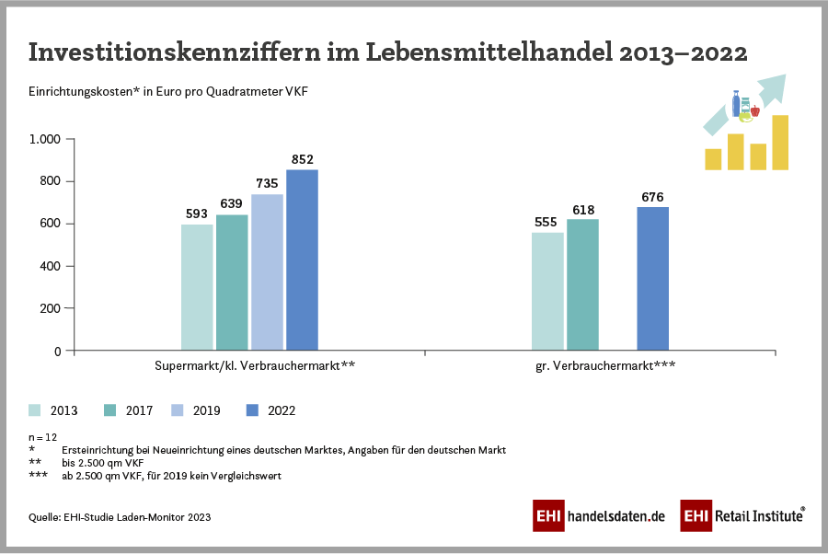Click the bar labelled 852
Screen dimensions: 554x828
pyautogui.click(x=302, y=260)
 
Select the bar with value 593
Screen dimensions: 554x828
pyautogui.click(x=197, y=287)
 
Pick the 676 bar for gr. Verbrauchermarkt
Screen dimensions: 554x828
pyautogui.click(x=652, y=278)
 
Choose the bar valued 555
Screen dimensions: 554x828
pyautogui.click(x=548, y=291)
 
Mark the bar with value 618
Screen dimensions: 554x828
pyautogui.click(x=582, y=284)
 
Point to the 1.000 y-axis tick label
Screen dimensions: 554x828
pyautogui.click(x=45, y=139)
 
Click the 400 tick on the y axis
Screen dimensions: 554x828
pyautogui.click(x=51, y=266)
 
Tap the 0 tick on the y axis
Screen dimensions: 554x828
pyautogui.click(x=57, y=351)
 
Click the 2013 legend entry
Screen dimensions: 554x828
pyautogui.click(x=52, y=410)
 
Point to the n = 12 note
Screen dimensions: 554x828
pyautogui.click(x=43, y=438)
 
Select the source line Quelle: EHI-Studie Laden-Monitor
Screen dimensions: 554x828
pyautogui.click(x=120, y=517)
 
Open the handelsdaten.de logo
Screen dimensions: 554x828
pyautogui.click(x=599, y=516)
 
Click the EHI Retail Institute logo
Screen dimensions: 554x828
pyautogui.click(x=742, y=516)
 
